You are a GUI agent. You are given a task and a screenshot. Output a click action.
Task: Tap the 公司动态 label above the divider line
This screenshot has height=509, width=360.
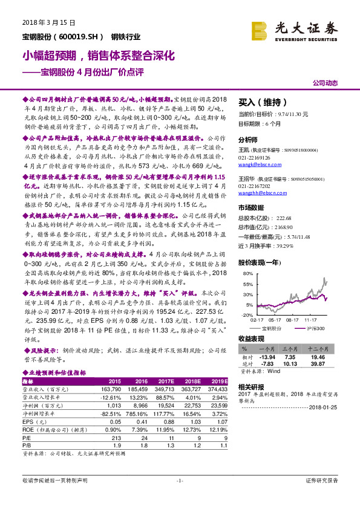click(325, 83)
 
